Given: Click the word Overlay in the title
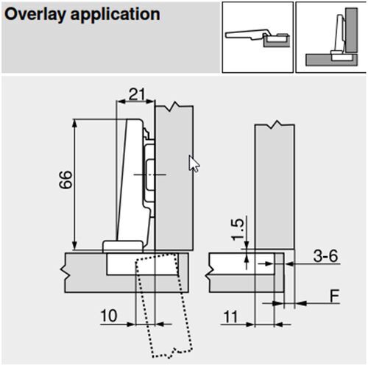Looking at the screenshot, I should [34, 14].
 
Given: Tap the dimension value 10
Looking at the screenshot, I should [107, 315].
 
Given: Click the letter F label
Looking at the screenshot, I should [334, 297].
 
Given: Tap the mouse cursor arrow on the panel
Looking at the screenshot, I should [194, 163].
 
